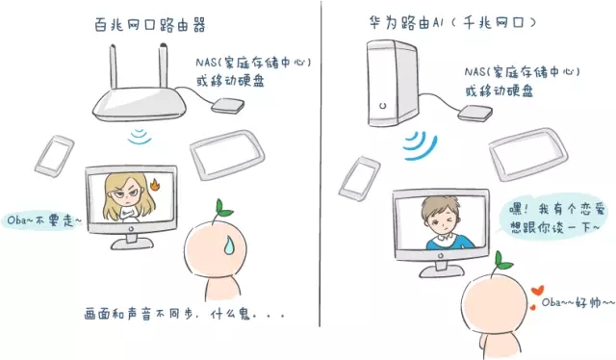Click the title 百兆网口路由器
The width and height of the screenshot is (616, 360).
click(x=150, y=25)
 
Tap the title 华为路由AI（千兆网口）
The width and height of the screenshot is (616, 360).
click(x=451, y=23)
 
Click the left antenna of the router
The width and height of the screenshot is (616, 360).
click(x=113, y=66)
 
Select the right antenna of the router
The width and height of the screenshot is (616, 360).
click(x=163, y=65)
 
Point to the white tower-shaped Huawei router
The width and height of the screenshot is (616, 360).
click(x=393, y=83)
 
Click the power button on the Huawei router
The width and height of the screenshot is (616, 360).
click(x=383, y=105)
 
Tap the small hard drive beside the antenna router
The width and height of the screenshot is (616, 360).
click(x=228, y=106)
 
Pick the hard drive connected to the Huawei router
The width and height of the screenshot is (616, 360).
click(x=475, y=114)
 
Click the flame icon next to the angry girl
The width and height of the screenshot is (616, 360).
click(x=154, y=184)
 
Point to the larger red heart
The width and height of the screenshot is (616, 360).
click(x=537, y=291)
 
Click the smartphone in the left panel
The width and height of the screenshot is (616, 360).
click(x=54, y=156)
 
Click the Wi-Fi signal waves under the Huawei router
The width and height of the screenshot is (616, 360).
click(x=421, y=145)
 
